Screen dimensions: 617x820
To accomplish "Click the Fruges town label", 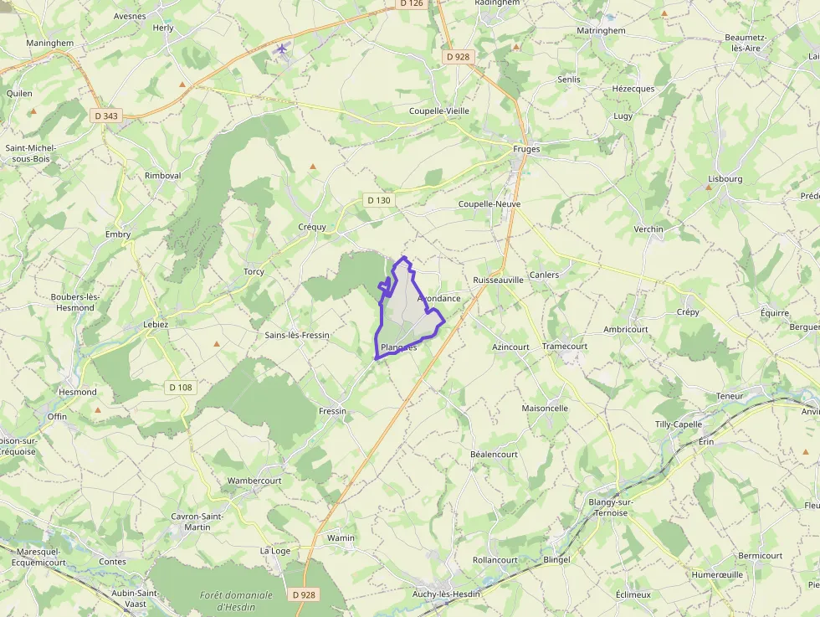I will pos(526,149).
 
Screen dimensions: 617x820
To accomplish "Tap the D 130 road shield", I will pos(378,200).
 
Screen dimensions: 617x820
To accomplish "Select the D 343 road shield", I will pos(106,116).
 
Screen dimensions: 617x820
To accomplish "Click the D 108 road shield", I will pos(180,387).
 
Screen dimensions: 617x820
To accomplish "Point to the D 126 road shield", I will pos(411,3).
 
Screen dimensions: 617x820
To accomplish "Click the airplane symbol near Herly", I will pos(282,48).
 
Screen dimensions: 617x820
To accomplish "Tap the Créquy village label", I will pos(312,227).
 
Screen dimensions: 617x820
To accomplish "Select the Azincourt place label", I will pos(510,346).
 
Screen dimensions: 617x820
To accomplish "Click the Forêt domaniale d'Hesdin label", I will pos(236,600).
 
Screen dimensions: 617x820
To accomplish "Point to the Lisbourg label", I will pos(725,178).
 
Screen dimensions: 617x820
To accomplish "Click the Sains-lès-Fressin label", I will pos(297,335).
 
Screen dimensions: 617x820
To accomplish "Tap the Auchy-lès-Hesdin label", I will pos(446,594).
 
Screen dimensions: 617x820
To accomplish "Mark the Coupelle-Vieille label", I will pos(439,111).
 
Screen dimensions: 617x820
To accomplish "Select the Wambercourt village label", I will pos(254,481).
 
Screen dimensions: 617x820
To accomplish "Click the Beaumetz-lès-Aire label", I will pos(743,43).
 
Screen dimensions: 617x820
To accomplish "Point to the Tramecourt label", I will pos(565,346).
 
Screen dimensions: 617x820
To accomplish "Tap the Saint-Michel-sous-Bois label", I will pos(28,152).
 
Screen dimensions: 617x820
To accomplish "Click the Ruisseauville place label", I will pos(498,280).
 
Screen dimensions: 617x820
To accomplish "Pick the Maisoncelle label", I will pos(545,409).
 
